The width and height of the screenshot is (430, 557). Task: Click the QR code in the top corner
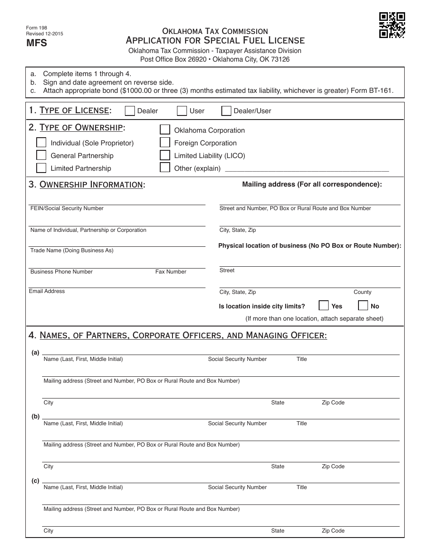point(392,25)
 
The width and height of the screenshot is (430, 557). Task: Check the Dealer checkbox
point(129,111)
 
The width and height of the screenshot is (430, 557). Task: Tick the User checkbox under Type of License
point(182,111)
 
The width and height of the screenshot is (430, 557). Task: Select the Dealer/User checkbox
point(226,111)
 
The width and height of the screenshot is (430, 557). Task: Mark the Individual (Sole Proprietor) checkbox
point(41,143)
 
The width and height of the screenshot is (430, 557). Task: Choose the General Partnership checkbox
point(41,155)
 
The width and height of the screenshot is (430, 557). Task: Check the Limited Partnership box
point(41,168)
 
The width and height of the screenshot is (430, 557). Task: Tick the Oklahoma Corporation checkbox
point(165,130)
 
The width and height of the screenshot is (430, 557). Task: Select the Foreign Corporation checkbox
point(165,143)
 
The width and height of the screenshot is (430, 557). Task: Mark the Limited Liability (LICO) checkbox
point(165,155)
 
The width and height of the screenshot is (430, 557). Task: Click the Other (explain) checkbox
point(165,168)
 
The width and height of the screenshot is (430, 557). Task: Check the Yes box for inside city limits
point(324,305)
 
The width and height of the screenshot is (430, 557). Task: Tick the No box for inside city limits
point(363,305)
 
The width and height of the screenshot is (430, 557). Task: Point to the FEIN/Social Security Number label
point(67,208)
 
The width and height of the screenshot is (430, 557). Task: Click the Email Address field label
point(47,291)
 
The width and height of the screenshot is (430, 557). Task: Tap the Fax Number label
point(171,272)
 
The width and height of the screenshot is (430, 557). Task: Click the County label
point(362,292)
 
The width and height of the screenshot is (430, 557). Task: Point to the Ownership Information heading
point(92,184)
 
